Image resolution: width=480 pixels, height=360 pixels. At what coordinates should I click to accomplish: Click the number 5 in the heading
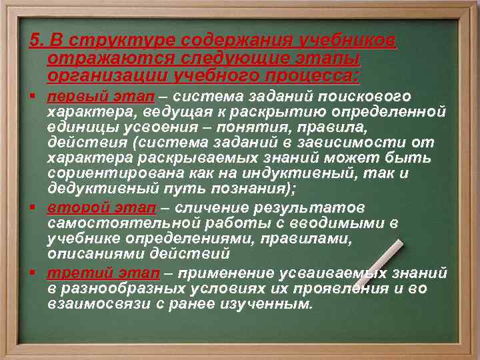(34, 43)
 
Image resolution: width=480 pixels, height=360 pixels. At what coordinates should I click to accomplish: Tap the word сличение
(211, 206)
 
